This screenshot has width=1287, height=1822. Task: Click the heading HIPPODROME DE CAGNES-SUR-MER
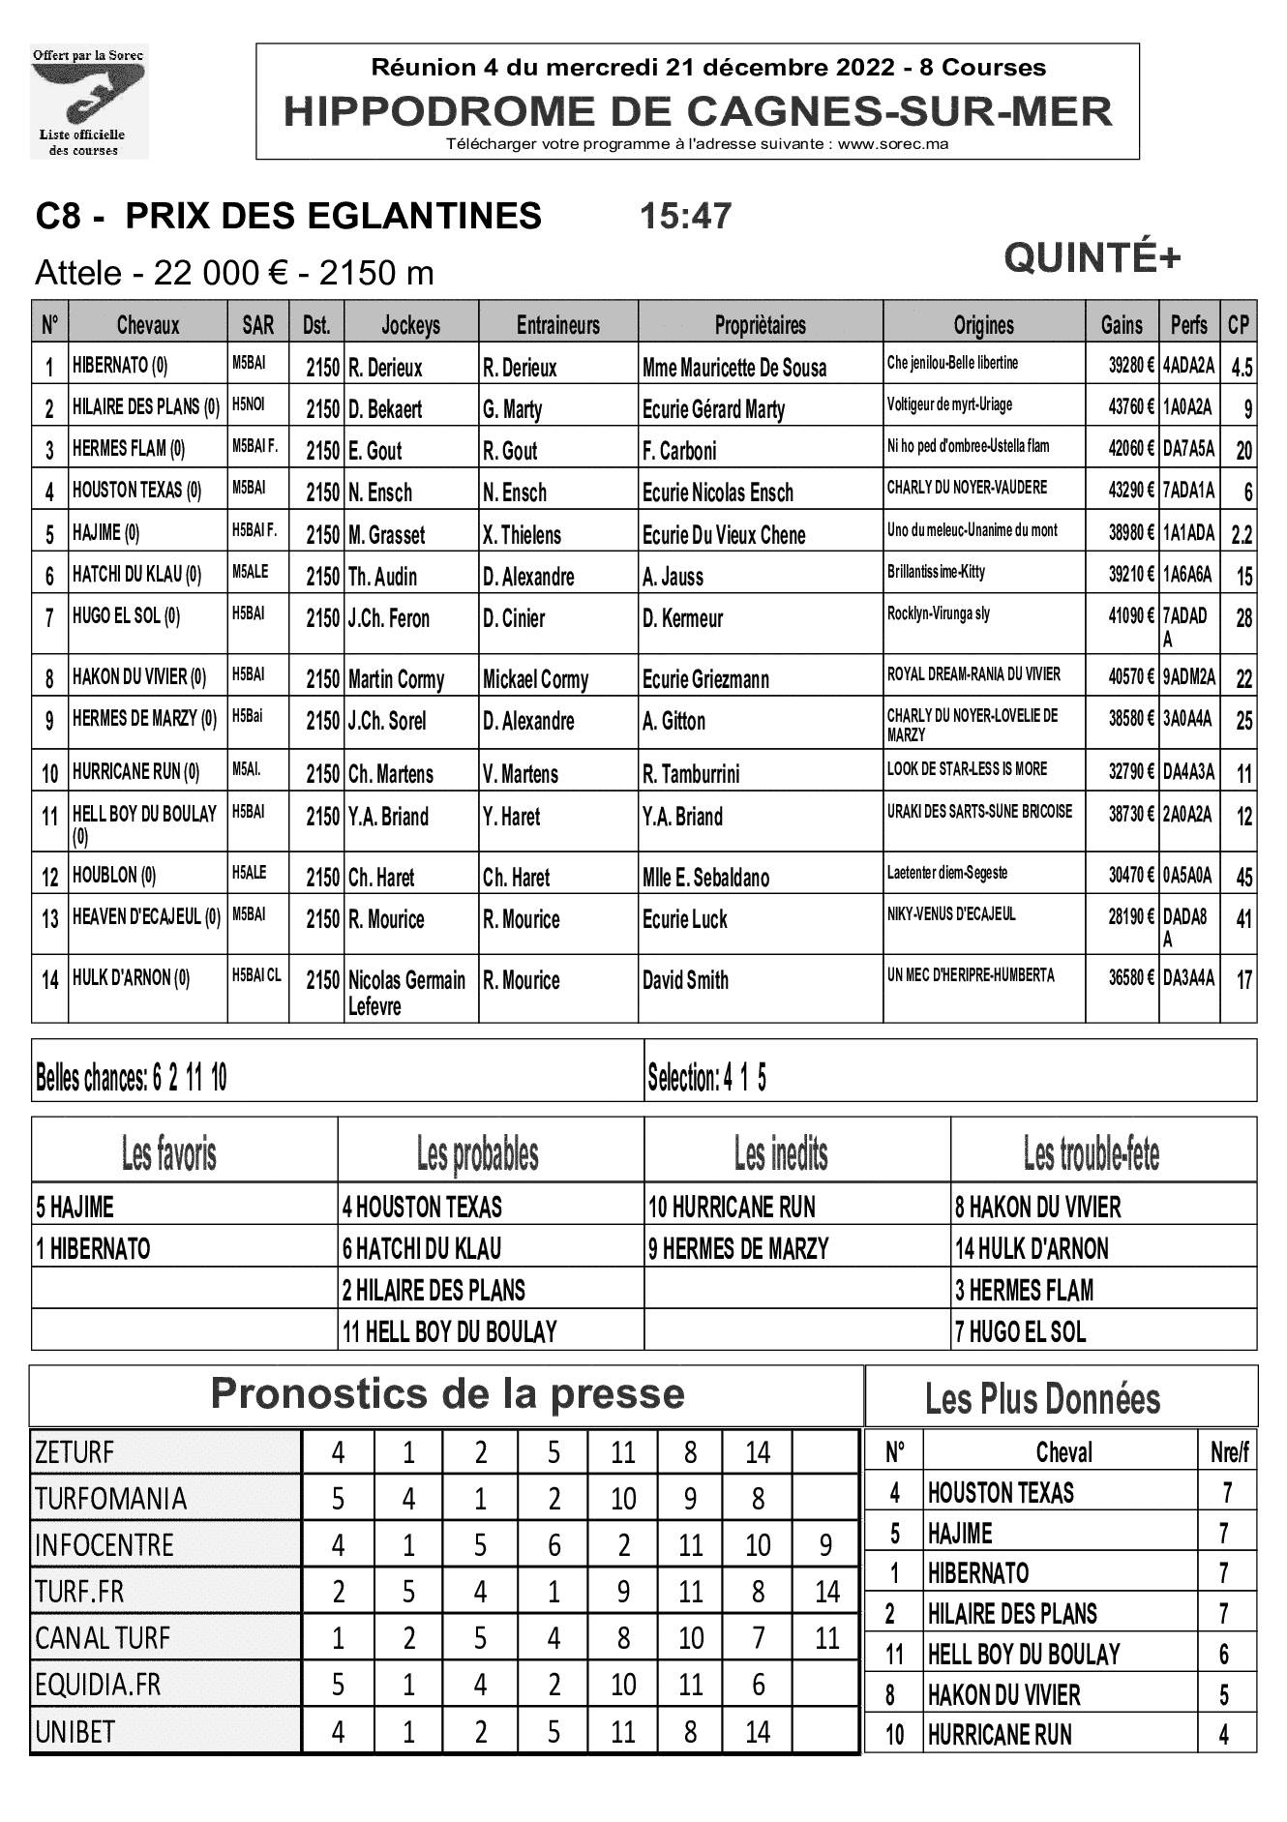click(698, 112)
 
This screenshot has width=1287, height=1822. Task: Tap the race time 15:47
click(685, 216)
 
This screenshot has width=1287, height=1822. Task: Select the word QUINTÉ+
click(1092, 258)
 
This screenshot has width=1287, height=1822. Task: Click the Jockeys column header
click(411, 325)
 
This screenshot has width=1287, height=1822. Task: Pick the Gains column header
click(1122, 325)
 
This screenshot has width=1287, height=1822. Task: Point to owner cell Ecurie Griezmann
click(705, 679)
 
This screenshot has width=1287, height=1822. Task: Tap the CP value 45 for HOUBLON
click(1243, 877)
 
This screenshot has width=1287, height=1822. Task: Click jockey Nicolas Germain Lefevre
click(407, 993)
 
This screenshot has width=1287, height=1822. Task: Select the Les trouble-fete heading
click(1091, 1153)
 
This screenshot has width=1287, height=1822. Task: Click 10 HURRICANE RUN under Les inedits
click(732, 1208)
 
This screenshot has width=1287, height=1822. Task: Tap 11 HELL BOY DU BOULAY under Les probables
click(450, 1332)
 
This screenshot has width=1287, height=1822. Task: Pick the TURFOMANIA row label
click(110, 1499)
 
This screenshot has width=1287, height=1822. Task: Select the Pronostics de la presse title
click(447, 1394)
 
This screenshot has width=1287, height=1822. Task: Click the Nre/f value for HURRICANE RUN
click(1224, 1735)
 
